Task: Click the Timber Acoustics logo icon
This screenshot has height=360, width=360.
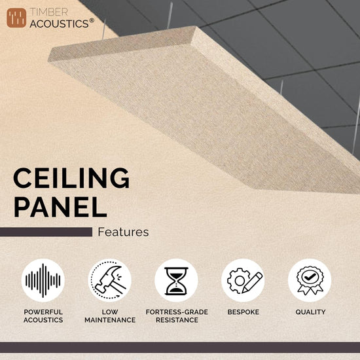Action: (x=16, y=18)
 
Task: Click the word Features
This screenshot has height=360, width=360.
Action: (x=123, y=232)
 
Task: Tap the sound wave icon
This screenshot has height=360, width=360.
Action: (x=43, y=280)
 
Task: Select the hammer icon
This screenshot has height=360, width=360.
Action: (x=110, y=280)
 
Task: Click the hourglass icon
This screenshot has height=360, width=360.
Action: (x=176, y=280)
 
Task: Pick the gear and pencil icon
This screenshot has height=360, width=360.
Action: (x=243, y=280)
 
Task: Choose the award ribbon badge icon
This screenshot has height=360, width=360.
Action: (x=310, y=280)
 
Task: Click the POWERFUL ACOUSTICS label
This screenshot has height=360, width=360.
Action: (x=43, y=315)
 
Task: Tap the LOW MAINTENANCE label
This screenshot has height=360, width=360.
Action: (x=110, y=315)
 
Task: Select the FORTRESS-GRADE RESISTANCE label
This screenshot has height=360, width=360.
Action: (x=176, y=315)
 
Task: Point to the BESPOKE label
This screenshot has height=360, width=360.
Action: (x=243, y=312)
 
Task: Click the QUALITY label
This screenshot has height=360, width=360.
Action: (x=310, y=312)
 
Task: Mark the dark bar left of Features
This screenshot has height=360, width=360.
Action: (x=46, y=232)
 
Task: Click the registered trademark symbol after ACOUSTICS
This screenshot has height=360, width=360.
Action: (x=92, y=20)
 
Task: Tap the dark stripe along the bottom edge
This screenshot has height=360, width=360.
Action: (x=180, y=347)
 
